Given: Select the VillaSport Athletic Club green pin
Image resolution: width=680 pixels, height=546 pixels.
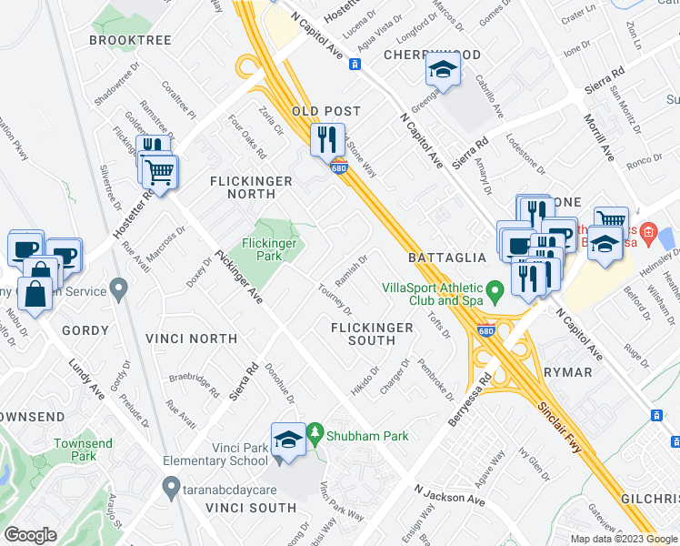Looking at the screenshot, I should click(x=495, y=292).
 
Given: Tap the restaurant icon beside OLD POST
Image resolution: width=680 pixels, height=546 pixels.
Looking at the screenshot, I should click(x=327, y=140).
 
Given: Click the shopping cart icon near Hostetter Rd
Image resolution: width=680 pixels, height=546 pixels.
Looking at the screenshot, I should click(x=160, y=170).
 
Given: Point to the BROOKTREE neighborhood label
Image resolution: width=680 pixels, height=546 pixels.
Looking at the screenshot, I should click(x=131, y=41).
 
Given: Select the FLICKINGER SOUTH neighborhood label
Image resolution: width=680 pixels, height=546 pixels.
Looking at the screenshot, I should click(x=372, y=333).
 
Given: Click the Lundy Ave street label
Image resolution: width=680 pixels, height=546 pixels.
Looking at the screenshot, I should click(x=86, y=378).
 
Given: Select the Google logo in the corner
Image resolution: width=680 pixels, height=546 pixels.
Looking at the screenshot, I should click(x=31, y=535).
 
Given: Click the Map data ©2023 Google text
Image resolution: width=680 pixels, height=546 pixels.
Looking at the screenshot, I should click(x=623, y=539).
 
